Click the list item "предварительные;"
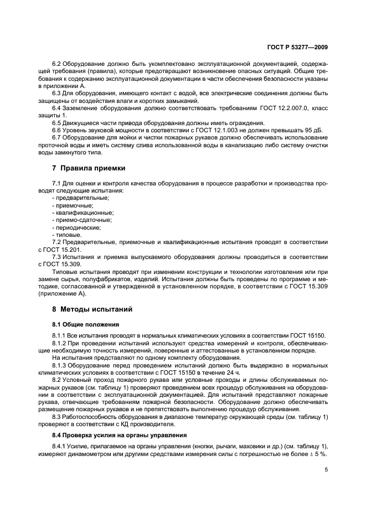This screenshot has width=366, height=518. tap(82, 198)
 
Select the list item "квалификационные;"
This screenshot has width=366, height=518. tap(84, 213)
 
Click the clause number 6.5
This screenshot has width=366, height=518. tap(58, 122)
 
